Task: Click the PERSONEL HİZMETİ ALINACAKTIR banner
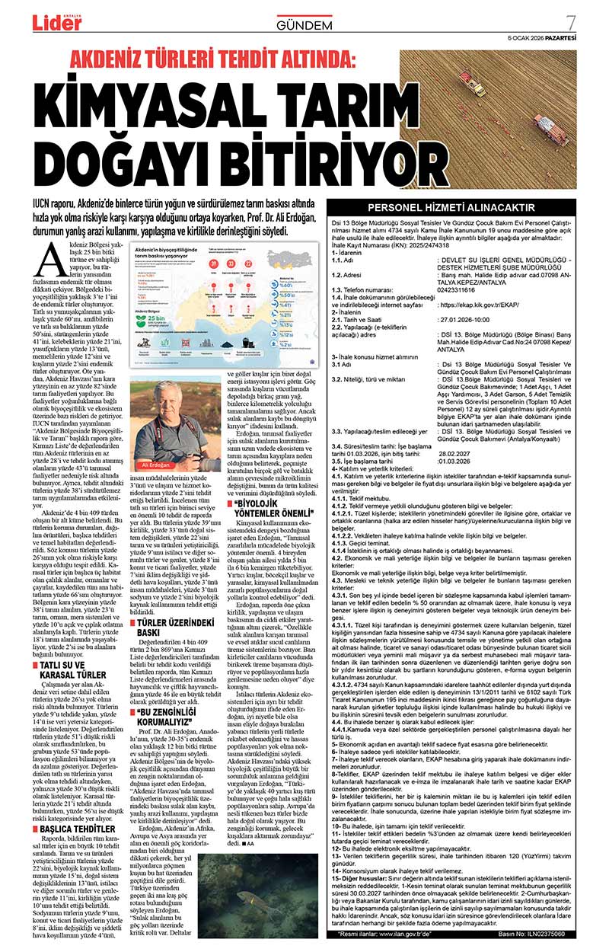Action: [x=462, y=207]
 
